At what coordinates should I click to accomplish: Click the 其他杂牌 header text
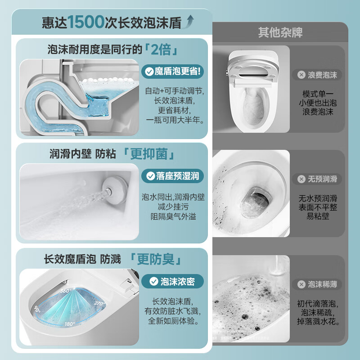pos(280,32)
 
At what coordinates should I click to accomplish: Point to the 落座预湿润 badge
pos(172,176)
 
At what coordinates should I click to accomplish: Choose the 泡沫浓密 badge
pos(172,282)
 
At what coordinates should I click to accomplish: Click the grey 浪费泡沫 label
pos(317,75)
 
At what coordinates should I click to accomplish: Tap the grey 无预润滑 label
pos(317,179)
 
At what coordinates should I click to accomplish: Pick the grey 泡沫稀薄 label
pos(317,284)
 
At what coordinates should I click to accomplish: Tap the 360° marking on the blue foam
pos(66,291)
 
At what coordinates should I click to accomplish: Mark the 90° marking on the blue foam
pos(37,310)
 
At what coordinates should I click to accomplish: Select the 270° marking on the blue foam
pos(100,303)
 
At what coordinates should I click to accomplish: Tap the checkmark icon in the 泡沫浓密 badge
pos(153,282)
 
